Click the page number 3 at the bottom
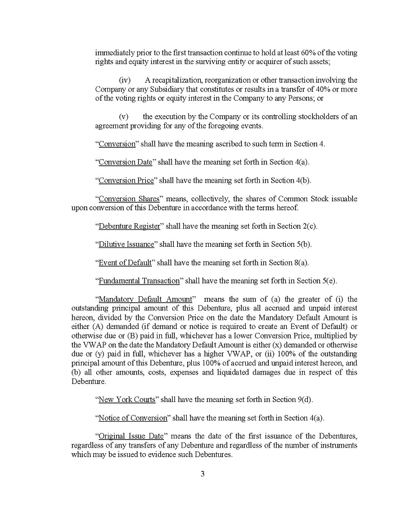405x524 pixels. [202, 473]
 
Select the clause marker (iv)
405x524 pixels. [124, 80]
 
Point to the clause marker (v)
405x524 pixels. [124, 116]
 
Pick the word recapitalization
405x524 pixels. [181, 80]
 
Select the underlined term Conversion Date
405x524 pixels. [125, 162]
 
